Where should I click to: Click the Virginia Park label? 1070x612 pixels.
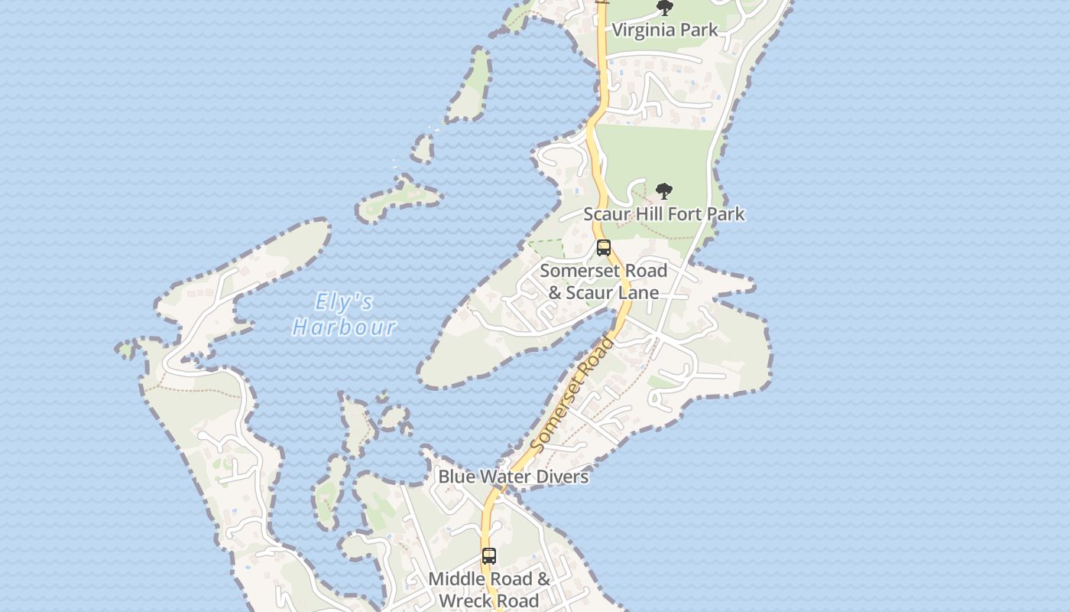point(665,30)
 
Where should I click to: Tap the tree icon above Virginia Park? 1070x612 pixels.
point(665,8)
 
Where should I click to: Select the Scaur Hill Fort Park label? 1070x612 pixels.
point(664,213)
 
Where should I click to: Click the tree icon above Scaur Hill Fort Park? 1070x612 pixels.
point(664,191)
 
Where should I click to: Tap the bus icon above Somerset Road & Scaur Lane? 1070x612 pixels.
point(604,248)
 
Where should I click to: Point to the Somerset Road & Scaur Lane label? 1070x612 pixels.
point(604,282)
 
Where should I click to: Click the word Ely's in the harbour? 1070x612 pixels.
point(344,302)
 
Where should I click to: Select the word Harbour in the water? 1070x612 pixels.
point(344,327)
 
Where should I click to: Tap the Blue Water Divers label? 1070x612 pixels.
point(513,477)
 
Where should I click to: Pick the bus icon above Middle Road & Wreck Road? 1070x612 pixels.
point(489,556)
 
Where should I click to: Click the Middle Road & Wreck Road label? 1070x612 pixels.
point(489,589)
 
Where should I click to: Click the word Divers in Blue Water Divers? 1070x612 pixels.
point(562,477)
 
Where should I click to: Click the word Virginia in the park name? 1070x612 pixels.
point(644,30)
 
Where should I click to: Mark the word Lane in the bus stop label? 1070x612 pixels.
point(638,293)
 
